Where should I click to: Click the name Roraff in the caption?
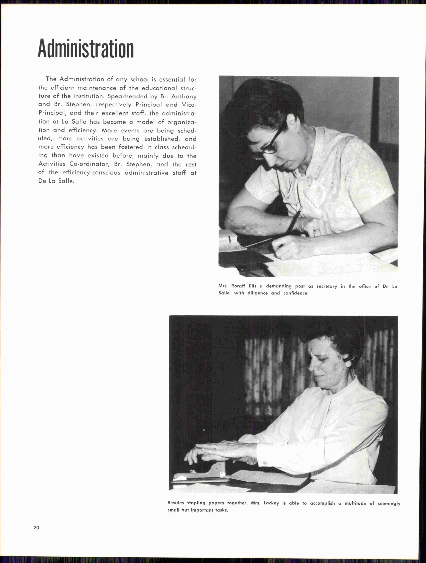point(238,286)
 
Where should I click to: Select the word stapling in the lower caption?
point(196,503)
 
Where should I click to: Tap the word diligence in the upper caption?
point(257,293)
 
